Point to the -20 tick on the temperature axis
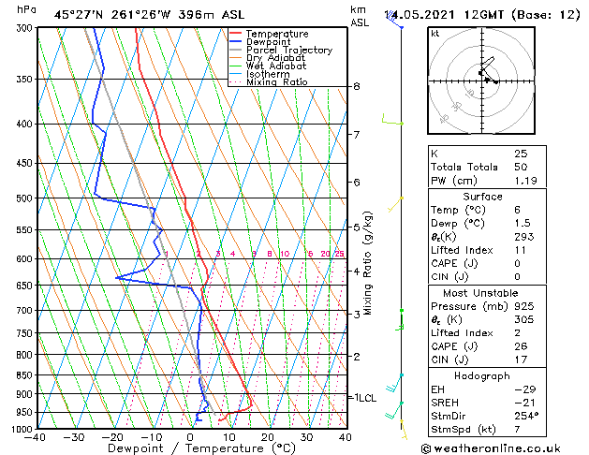tap(112, 437)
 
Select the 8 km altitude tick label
tap(357, 86)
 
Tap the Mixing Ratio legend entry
tap(276, 82)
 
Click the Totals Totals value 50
tap(521, 166)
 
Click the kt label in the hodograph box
tap(435, 34)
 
